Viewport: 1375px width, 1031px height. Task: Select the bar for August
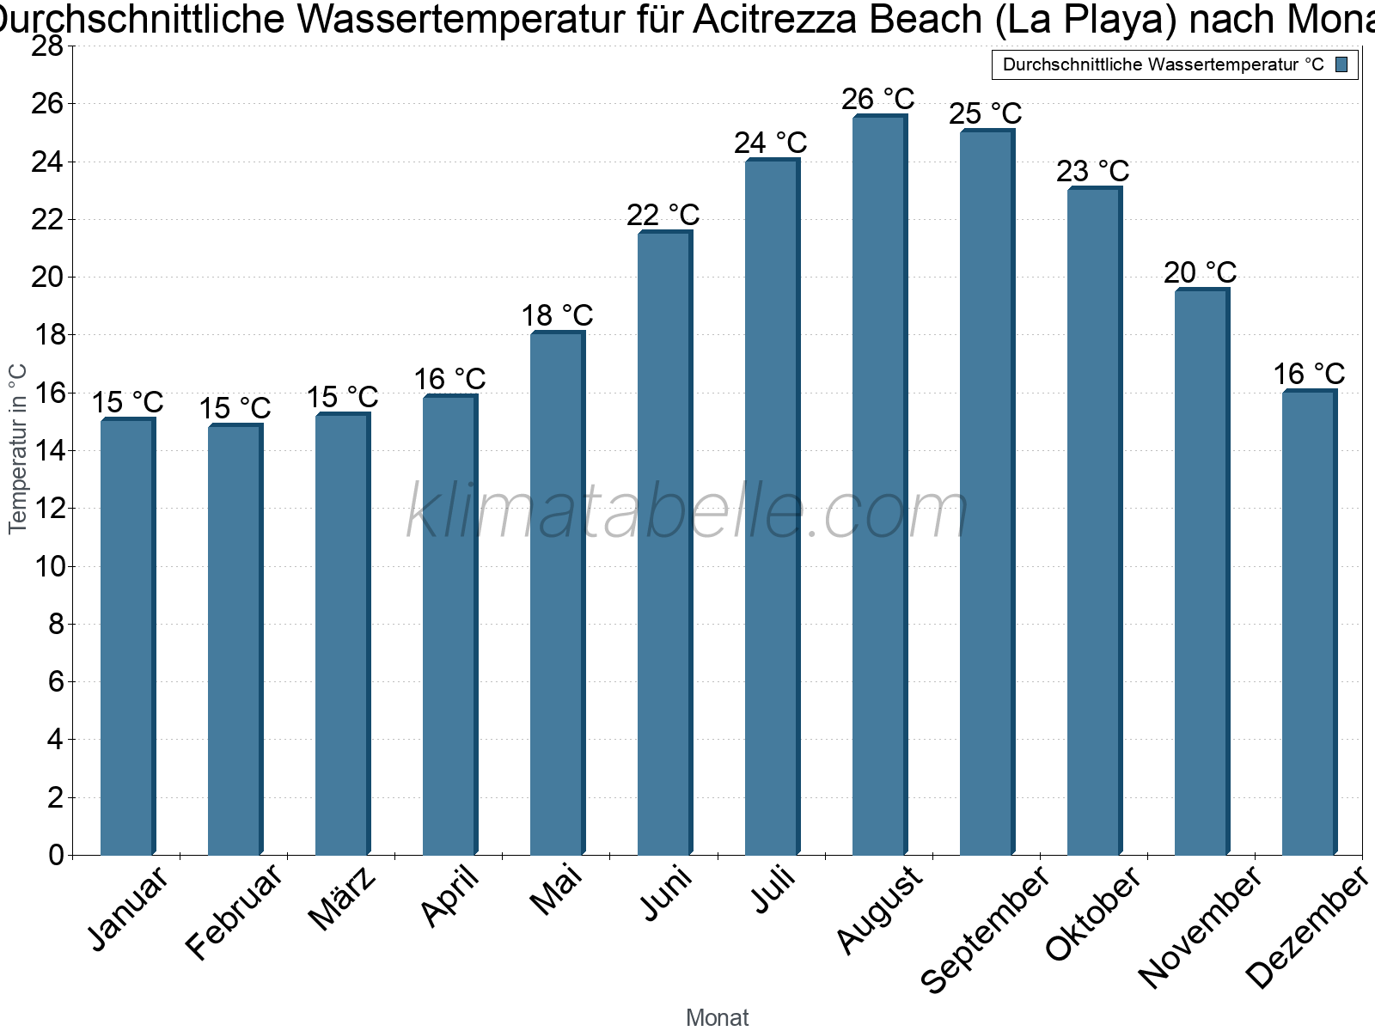click(x=879, y=485)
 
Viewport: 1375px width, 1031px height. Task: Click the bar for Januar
click(x=127, y=637)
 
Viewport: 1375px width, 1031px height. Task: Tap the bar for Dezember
click(x=1309, y=623)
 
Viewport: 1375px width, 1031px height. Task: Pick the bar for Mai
click(x=557, y=594)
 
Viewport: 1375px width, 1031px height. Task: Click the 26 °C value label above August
click(x=878, y=100)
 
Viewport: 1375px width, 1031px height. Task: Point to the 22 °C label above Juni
click(x=663, y=215)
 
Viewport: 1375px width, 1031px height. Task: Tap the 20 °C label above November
click(x=1201, y=273)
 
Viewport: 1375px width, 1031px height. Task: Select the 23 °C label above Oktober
click(x=1093, y=172)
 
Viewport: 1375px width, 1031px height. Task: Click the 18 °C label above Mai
click(x=558, y=316)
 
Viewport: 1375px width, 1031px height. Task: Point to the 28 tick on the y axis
click(x=47, y=46)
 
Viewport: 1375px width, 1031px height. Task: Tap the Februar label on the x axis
click(x=235, y=911)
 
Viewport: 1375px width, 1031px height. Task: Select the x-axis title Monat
click(x=718, y=1018)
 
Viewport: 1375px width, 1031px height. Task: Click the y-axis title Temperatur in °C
click(x=18, y=448)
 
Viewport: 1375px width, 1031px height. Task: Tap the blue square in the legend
click(x=1342, y=64)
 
